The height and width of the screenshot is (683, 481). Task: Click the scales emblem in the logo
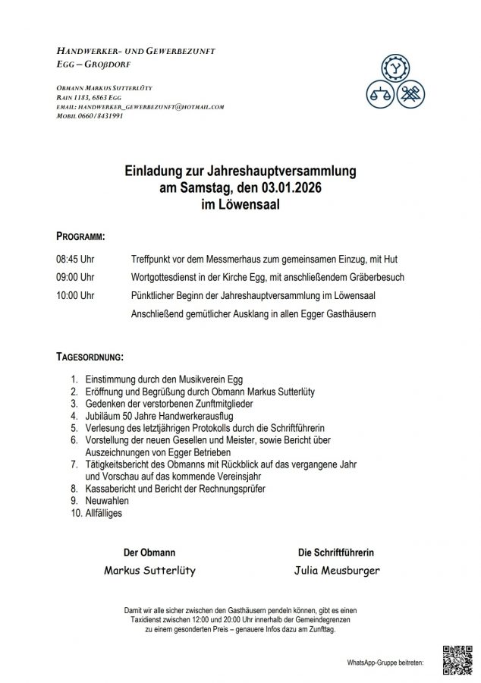pos(376,95)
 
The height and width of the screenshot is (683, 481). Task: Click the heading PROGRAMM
pos(81,234)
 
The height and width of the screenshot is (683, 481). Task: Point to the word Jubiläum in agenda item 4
pos(103,415)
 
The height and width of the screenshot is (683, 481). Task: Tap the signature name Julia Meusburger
pos(336,570)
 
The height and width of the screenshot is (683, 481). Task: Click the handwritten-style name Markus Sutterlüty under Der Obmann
pos(149,570)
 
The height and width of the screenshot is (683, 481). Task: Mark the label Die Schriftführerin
pos(336,552)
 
